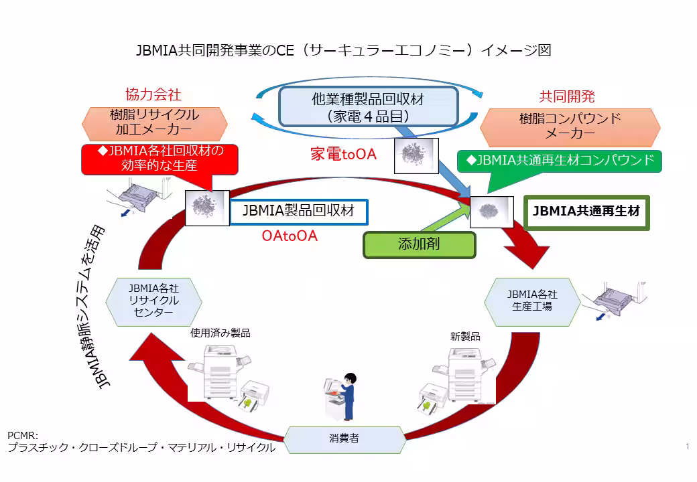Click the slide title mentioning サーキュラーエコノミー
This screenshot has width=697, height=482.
coord(343,51)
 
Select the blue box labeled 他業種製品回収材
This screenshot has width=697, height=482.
coord(368,106)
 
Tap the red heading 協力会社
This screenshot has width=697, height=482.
coord(153,94)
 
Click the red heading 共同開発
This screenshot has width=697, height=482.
coord(567,96)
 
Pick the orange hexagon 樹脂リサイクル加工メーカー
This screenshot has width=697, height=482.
coord(155,122)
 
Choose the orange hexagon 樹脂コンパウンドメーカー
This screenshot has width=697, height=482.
coord(570,127)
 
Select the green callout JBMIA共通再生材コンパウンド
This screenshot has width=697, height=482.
coord(560,161)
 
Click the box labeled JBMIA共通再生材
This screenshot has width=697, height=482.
coord(586,212)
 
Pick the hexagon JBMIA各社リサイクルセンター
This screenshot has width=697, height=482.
coord(154,301)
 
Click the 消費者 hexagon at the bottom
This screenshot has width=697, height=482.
coord(344,438)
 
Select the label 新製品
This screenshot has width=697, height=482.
coord(465,336)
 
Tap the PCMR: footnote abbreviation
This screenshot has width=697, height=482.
coord(23,436)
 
